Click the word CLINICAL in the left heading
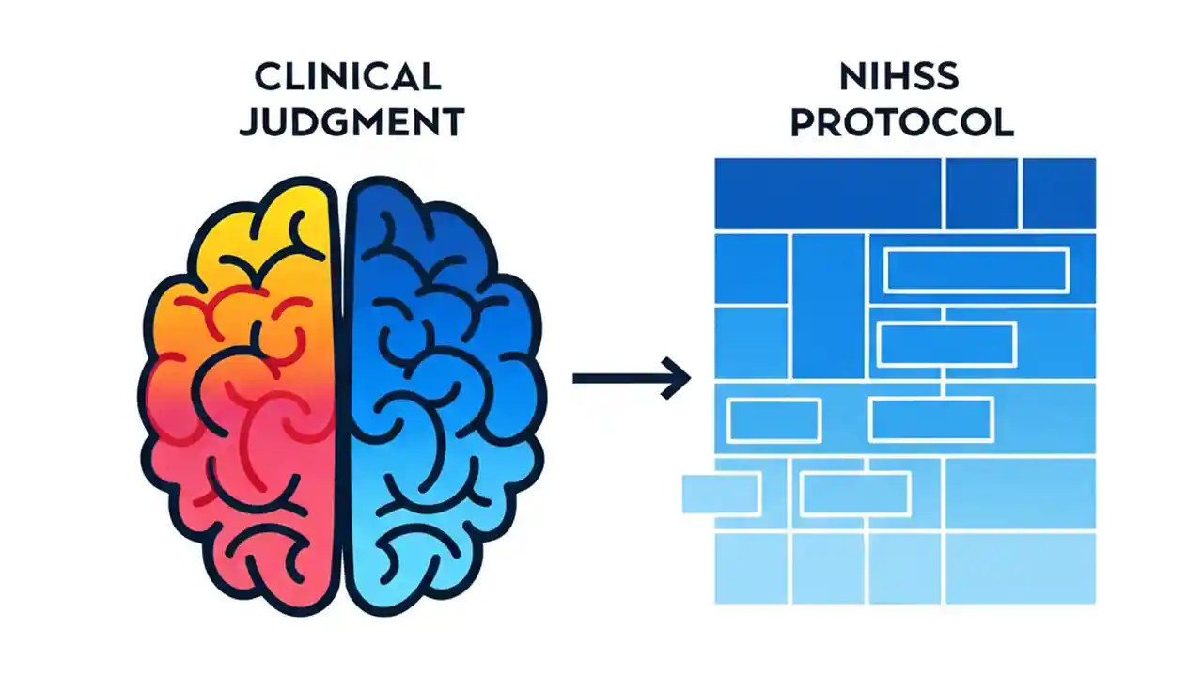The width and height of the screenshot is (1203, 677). tap(348, 77)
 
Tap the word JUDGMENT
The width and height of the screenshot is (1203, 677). tap(352, 123)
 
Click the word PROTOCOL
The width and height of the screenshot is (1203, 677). tap(901, 123)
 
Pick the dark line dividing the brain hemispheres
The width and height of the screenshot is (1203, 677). tap(341, 395)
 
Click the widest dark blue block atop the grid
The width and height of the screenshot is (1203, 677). tap(827, 193)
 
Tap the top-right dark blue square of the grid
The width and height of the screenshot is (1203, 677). tap(1059, 193)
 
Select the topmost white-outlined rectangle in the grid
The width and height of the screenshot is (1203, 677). tap(976, 271)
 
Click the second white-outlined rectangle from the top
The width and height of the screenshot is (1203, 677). tap(946, 344)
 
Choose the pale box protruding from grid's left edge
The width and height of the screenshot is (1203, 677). tap(719, 494)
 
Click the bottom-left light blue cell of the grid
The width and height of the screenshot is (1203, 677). tap(751, 568)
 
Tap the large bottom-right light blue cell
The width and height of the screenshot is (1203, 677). tap(1020, 568)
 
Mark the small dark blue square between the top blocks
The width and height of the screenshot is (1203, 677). tap(981, 193)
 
